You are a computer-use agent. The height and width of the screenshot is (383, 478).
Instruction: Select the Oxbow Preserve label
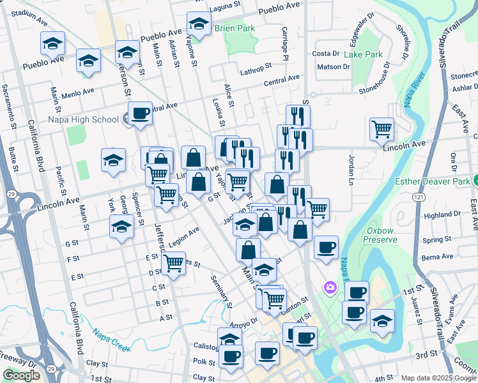382,234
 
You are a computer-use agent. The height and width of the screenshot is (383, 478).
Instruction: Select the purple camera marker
330,288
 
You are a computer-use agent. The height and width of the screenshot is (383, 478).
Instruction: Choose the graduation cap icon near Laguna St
199,24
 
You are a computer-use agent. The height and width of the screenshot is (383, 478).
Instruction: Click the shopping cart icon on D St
173,262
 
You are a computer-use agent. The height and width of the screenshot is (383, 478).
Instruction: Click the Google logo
21,375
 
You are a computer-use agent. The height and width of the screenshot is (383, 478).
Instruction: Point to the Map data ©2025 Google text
438,378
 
